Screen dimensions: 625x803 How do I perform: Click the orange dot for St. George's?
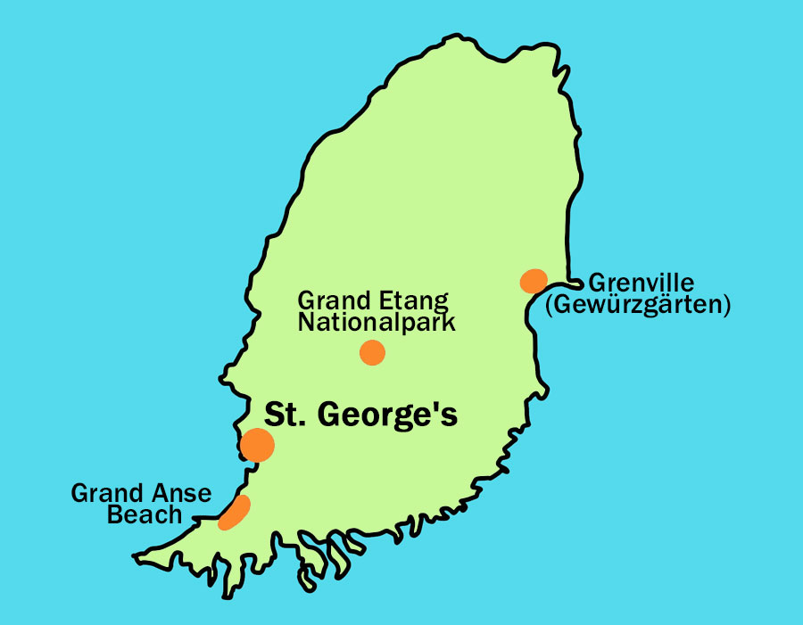257,445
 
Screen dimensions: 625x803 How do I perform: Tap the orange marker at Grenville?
533,281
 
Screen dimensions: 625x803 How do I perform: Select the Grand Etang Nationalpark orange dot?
372,353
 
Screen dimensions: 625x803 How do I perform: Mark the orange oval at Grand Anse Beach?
235,514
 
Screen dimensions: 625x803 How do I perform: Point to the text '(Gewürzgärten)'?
638,306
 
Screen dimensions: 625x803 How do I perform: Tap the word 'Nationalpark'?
377,322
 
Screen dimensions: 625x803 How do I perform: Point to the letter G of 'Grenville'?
597,284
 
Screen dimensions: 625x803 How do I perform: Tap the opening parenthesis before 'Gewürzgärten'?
550,306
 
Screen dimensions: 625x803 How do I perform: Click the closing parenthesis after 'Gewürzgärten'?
726,306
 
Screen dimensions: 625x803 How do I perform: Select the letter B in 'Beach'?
114,514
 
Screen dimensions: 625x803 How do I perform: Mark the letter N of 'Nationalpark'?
306,322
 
